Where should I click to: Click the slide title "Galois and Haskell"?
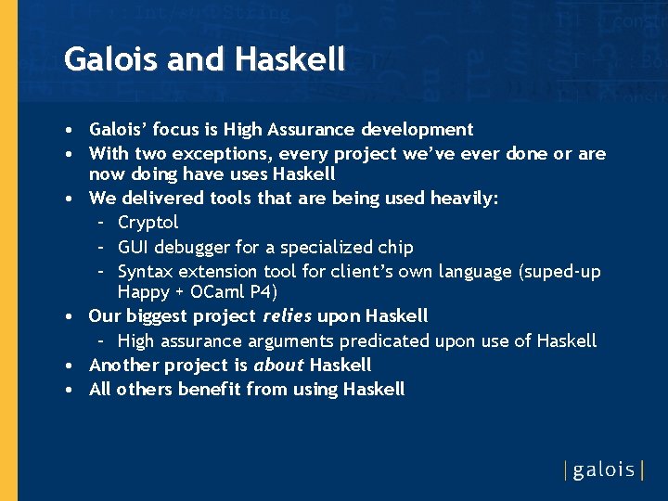click(x=204, y=60)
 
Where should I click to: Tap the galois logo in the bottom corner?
click(x=603, y=469)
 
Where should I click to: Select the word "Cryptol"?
click(x=148, y=223)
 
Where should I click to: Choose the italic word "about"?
click(x=279, y=366)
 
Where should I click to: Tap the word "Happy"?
click(x=144, y=292)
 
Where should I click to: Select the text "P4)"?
click(x=262, y=292)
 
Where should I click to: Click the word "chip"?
click(x=396, y=248)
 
